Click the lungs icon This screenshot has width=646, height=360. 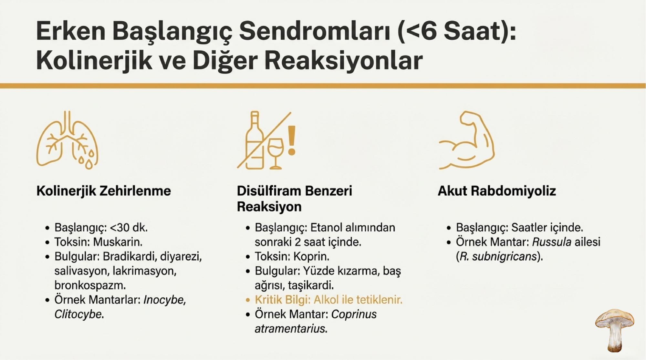pyautogui.click(x=67, y=140)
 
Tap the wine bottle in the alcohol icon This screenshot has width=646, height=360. pyautogui.click(x=255, y=140)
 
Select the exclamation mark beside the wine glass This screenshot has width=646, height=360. pyautogui.click(x=292, y=141)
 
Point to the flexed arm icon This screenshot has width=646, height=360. pyautogui.click(x=466, y=140)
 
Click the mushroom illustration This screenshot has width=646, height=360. pyautogui.click(x=615, y=330)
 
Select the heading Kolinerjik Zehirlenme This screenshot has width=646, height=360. pyautogui.click(x=104, y=191)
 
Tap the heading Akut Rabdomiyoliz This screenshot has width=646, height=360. pyautogui.click(x=497, y=191)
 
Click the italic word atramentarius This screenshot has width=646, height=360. pyautogui.click(x=291, y=329)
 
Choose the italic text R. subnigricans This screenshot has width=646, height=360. pyautogui.click(x=498, y=256)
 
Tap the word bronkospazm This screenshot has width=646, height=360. pyautogui.click(x=90, y=285)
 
